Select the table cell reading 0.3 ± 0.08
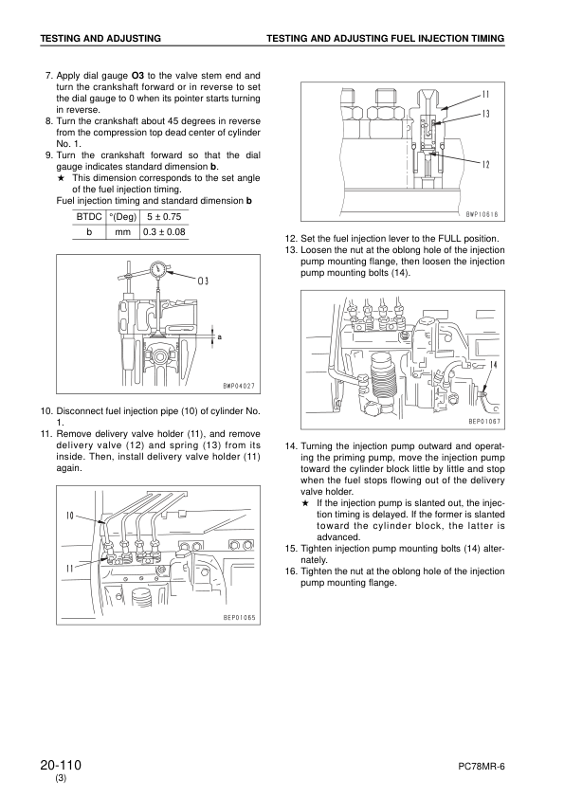point(163,230)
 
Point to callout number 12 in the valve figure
point(484,164)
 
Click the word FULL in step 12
point(436,238)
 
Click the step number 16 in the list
point(290,571)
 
